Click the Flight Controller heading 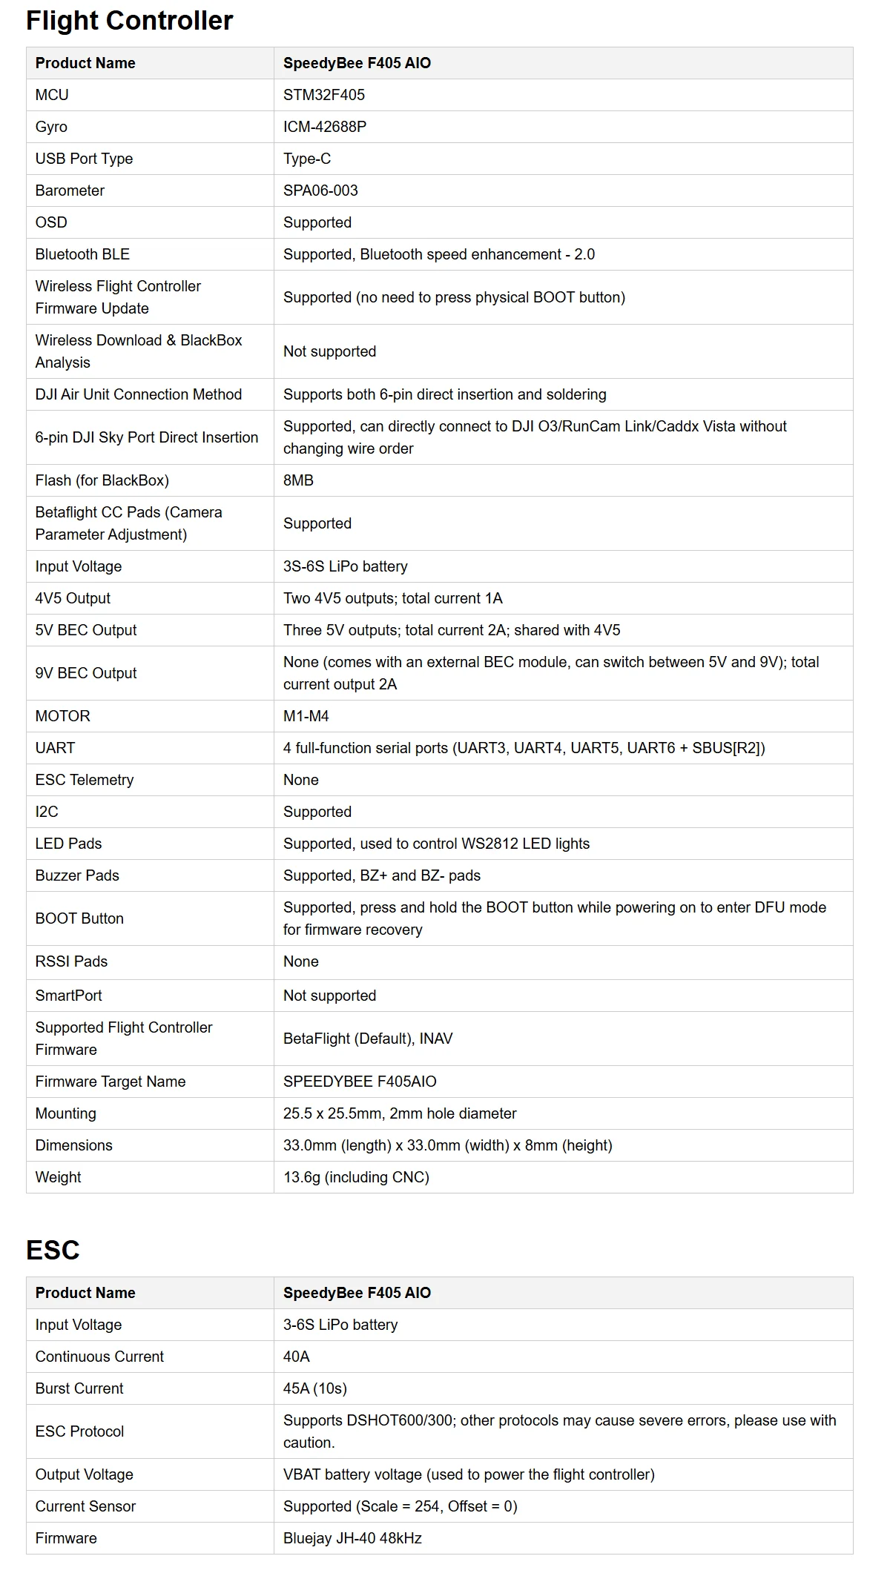point(130,21)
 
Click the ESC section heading point(53,1250)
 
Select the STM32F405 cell point(324,95)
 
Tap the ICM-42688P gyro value point(325,127)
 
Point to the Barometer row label point(70,191)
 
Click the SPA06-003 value point(320,191)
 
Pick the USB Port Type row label point(84,159)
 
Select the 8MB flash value point(298,480)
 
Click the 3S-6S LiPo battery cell point(346,566)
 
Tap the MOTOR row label point(63,716)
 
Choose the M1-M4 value point(306,716)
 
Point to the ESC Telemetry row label point(85,780)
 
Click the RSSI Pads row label point(71,961)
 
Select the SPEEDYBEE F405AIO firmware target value point(360,1082)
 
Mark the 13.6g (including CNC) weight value point(356,1177)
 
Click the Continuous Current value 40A point(297,1357)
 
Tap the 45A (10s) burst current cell point(315,1388)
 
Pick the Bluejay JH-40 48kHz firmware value point(352,1538)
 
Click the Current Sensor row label point(85,1506)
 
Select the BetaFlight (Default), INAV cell point(368,1039)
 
